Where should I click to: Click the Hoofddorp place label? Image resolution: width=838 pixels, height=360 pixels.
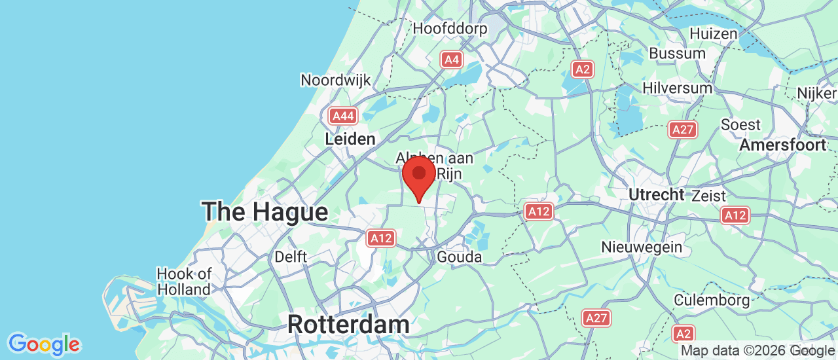tap(450, 29)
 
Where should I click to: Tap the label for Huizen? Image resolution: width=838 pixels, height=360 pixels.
tap(713, 33)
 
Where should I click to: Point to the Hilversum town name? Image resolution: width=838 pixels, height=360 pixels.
tap(677, 88)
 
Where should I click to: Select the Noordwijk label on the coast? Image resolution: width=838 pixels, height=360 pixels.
tap(335, 80)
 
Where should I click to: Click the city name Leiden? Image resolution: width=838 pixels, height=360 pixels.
tap(350, 139)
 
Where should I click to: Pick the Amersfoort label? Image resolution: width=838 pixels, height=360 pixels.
tap(782, 145)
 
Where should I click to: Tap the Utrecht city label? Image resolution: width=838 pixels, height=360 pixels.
tap(656, 194)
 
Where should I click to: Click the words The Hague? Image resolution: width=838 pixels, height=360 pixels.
tap(264, 212)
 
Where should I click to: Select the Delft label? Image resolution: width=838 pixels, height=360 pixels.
tap(291, 257)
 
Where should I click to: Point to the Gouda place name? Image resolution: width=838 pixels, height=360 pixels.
tap(459, 257)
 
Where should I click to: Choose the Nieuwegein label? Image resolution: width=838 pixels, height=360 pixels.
tap(642, 247)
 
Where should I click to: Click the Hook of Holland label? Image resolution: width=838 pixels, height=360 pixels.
tap(184, 281)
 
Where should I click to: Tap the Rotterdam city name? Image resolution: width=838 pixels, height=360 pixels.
tap(348, 324)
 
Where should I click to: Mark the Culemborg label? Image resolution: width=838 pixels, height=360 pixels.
tap(712, 300)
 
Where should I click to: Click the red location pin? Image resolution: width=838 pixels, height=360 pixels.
tap(419, 175)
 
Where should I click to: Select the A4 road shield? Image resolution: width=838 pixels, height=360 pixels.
tap(451, 60)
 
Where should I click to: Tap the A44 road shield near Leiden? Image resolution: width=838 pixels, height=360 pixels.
tap(343, 117)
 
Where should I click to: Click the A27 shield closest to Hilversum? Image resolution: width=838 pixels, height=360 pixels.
tap(682, 130)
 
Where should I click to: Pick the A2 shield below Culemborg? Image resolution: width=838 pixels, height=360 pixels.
tap(683, 333)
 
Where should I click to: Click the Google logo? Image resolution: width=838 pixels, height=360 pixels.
tap(44, 344)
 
